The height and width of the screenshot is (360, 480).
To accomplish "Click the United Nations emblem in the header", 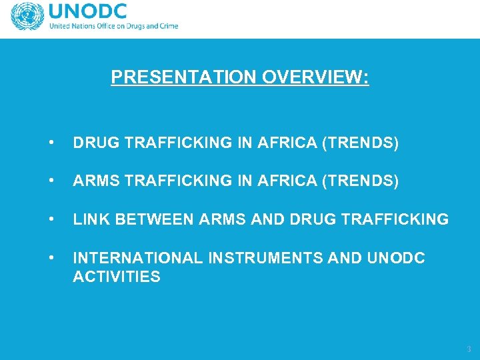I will [x=27, y=17].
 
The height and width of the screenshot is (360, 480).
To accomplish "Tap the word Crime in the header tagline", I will [x=167, y=27].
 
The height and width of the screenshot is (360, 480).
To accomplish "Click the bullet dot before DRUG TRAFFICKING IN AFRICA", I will [x=51, y=143].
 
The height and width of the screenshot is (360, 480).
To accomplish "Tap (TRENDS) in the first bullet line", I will [x=361, y=143].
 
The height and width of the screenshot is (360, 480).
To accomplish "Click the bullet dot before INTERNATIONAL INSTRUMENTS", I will [x=51, y=257].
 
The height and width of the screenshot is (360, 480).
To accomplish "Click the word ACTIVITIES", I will [x=117, y=276].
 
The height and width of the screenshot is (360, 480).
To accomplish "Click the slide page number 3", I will [x=469, y=349].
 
